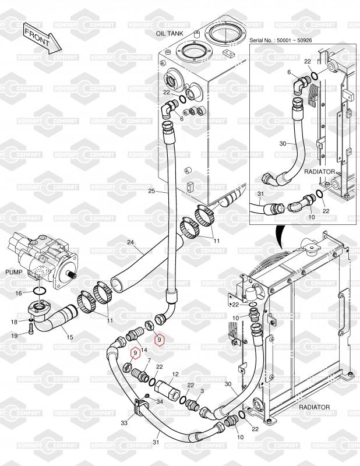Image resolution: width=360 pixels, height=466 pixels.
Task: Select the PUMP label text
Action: click(13, 272)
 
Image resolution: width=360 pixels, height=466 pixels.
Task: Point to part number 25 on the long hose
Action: click(151, 191)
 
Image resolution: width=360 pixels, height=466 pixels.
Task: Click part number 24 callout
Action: click(130, 242)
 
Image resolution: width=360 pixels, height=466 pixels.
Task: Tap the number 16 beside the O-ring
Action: click(19, 292)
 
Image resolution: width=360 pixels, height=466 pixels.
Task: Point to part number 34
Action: click(160, 401)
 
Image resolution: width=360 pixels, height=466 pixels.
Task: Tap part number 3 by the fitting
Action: click(202, 391)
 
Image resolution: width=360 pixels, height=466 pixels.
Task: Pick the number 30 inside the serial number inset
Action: click(283, 143)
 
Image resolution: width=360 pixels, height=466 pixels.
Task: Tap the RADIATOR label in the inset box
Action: click(319, 172)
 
